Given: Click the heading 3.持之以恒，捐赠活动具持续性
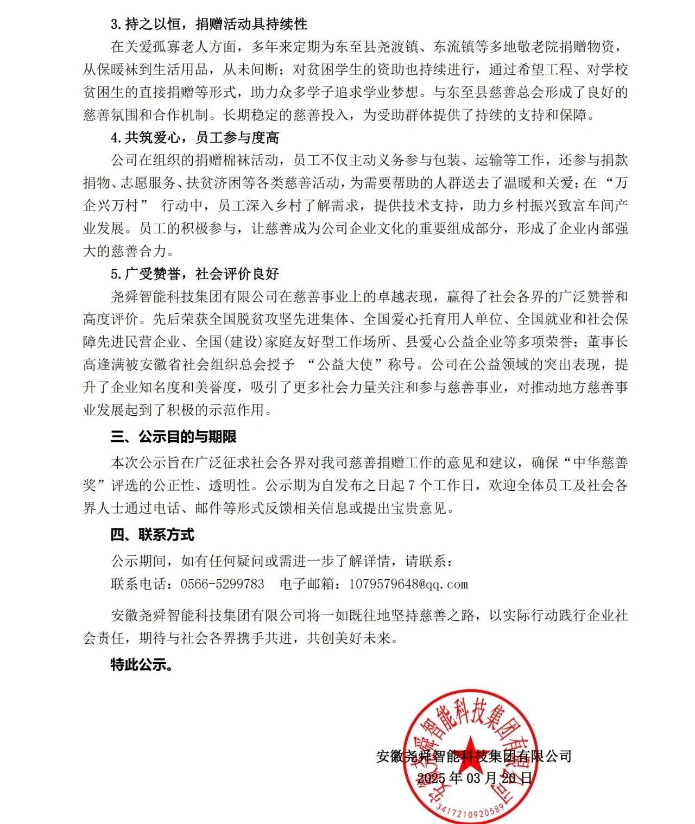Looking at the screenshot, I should (209, 24).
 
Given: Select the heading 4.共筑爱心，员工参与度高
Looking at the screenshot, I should (195, 138).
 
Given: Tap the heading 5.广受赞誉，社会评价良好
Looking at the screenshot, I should (195, 273).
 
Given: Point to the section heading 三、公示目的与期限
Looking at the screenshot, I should (173, 437).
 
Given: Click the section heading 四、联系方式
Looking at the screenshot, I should (152, 535).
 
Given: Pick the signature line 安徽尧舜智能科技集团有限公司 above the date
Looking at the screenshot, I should (473, 756).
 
